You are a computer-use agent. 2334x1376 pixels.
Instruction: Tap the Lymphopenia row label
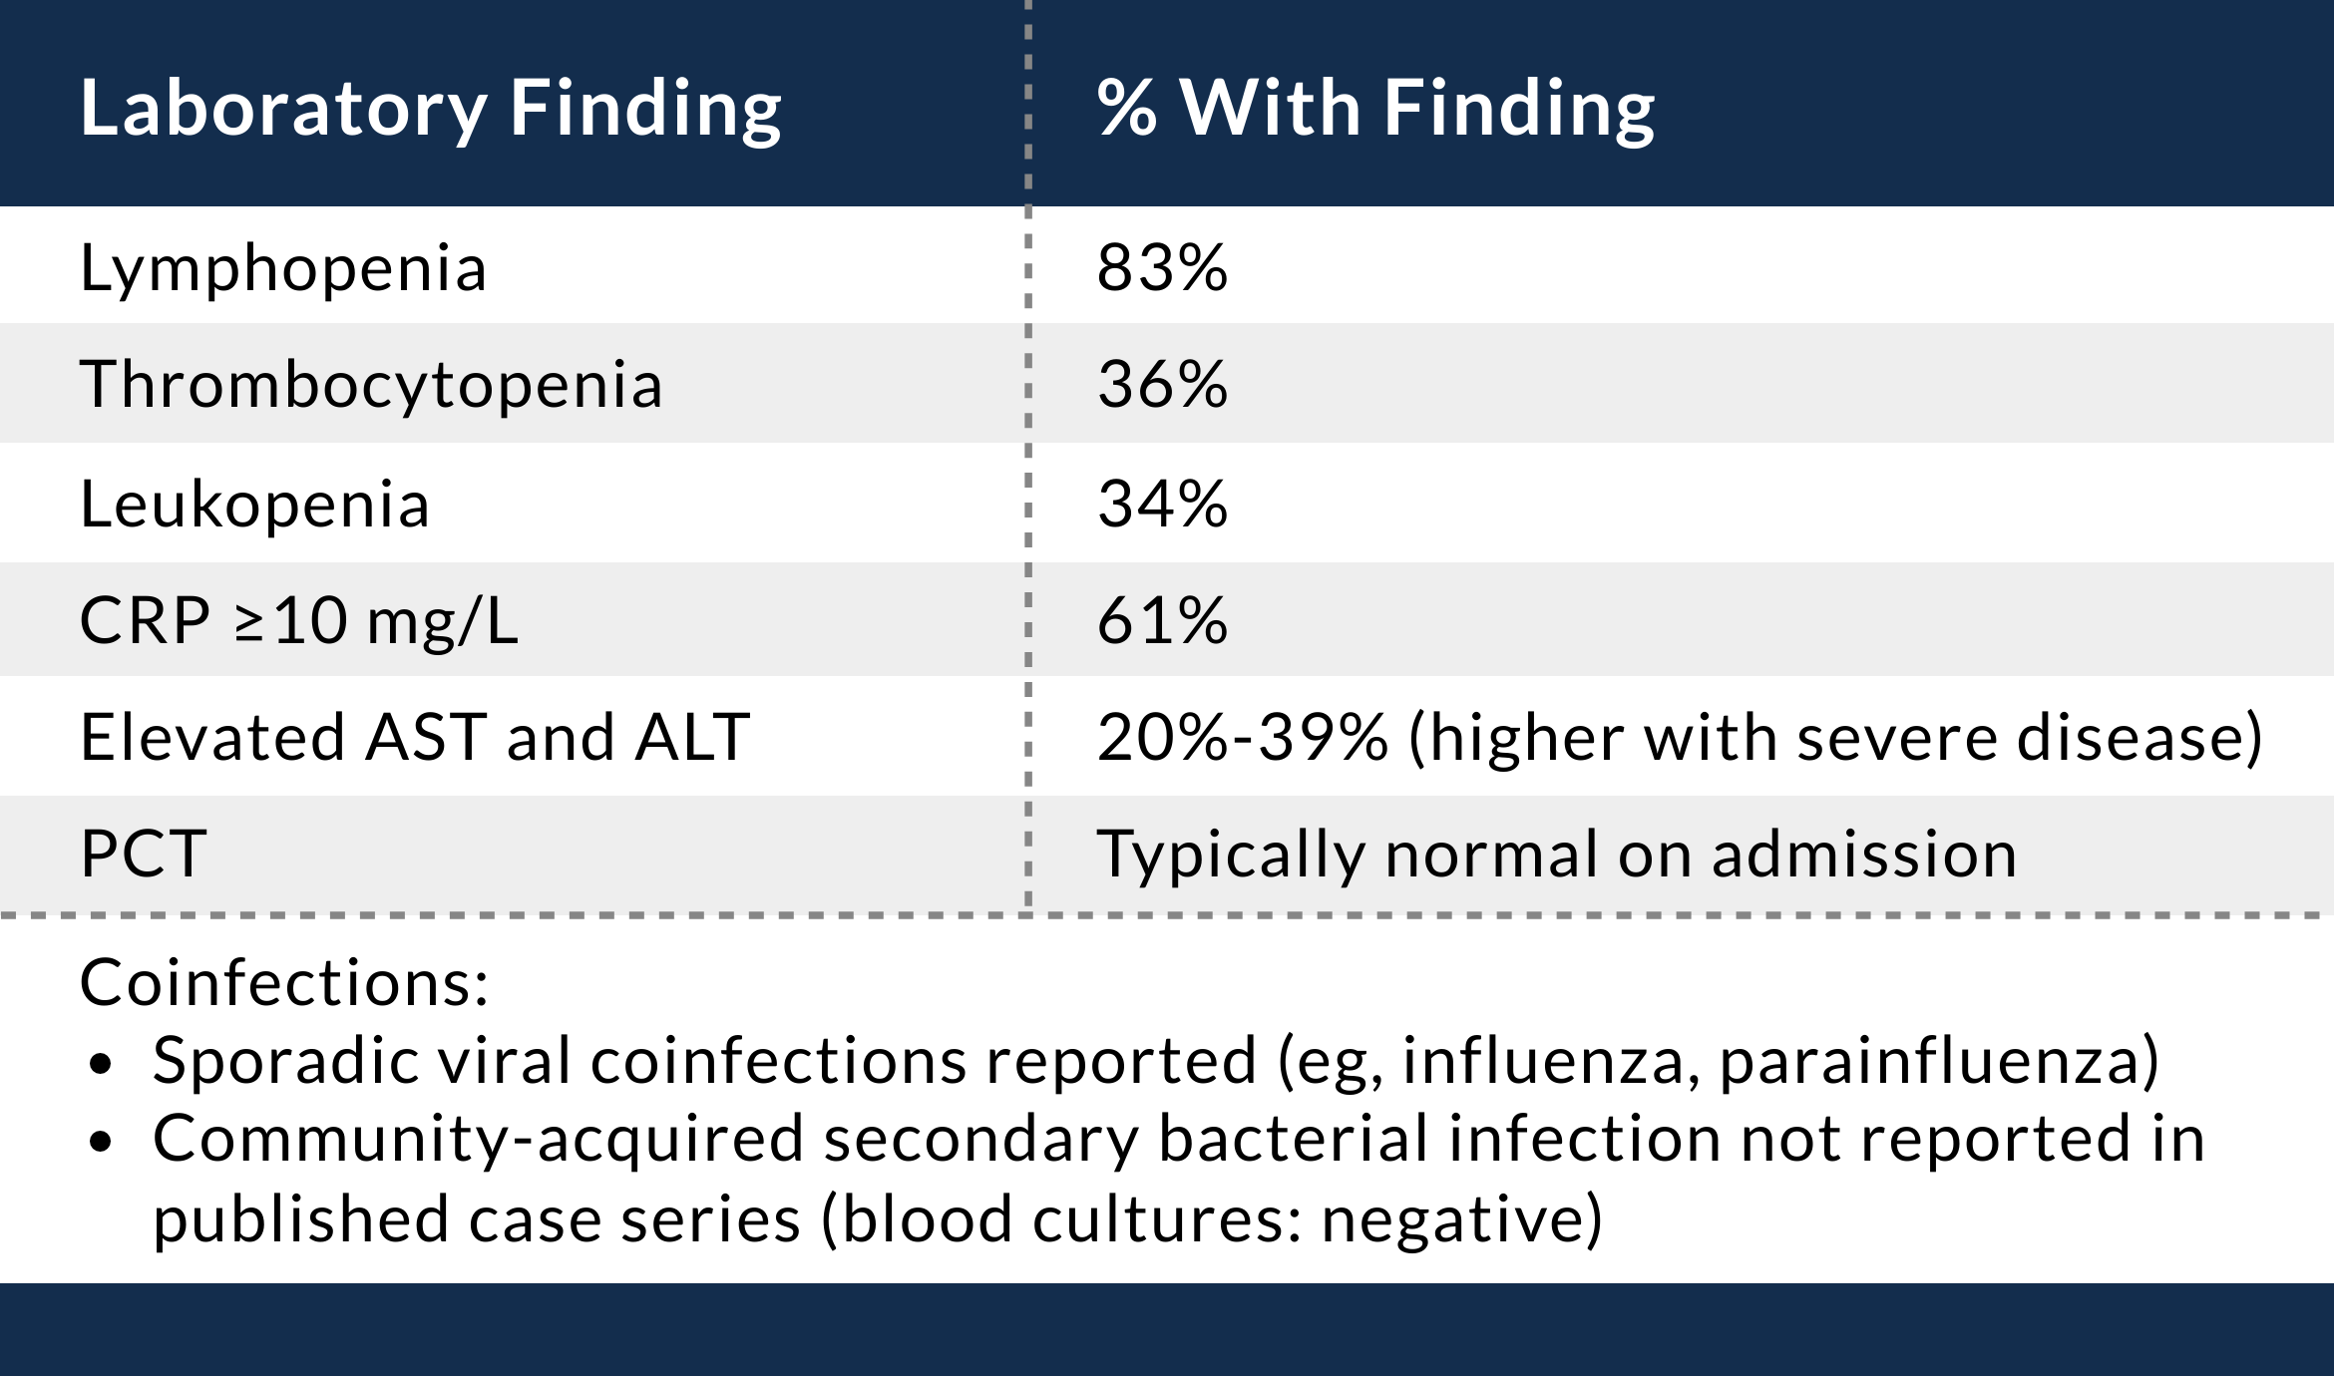[283, 268]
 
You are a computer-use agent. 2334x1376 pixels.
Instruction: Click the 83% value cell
[1162, 268]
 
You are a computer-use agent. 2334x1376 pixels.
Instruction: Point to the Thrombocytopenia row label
[371, 385]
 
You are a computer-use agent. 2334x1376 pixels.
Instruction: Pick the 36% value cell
[1162, 385]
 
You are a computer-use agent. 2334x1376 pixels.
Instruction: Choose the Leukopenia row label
[254, 504]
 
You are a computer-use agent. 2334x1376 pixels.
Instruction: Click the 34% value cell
[1162, 504]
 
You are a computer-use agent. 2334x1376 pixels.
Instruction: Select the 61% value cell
[1162, 620]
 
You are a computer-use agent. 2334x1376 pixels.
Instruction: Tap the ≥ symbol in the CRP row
[249, 624]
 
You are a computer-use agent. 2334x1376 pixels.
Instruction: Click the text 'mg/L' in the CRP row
[443, 622]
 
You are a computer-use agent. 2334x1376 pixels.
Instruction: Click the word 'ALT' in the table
[692, 738]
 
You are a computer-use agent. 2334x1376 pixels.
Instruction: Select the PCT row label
[144, 855]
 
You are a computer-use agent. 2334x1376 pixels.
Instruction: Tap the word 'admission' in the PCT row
[1864, 855]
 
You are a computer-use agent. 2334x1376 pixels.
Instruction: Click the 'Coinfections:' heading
[284, 983]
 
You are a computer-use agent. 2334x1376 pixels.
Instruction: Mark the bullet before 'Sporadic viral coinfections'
[100, 1064]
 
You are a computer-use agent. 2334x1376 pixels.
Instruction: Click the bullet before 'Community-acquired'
[100, 1143]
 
